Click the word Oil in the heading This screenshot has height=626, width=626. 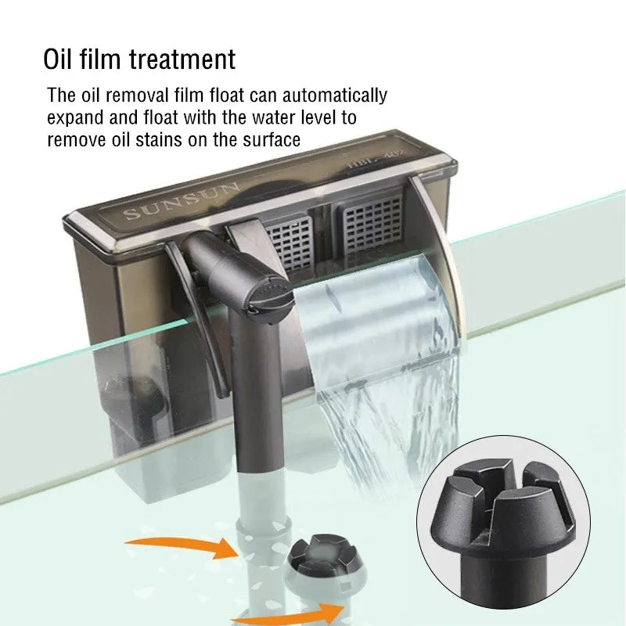[x=61, y=59]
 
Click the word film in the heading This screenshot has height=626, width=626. [x=104, y=59]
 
